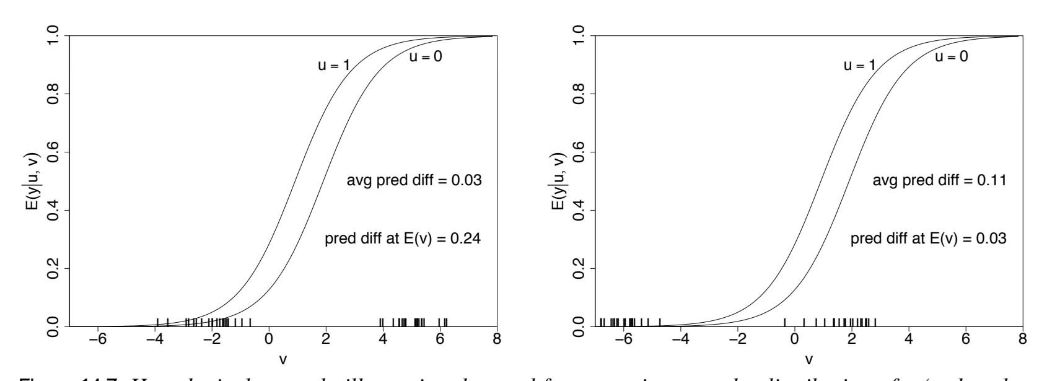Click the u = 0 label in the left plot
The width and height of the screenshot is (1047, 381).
[425, 57]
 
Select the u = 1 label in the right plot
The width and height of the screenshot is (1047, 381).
[859, 65]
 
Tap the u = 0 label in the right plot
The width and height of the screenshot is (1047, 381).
[950, 57]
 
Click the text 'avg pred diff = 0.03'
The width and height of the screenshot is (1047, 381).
[414, 181]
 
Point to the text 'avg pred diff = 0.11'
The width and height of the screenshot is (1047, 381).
[939, 181]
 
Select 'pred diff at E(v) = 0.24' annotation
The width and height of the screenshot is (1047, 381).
[403, 239]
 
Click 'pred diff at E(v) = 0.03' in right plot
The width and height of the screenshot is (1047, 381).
[929, 239]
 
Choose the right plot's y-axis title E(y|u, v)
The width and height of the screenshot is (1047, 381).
[559, 181]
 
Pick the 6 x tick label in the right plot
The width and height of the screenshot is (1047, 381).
[966, 339]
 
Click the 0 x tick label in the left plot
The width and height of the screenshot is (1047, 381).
[268, 339]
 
